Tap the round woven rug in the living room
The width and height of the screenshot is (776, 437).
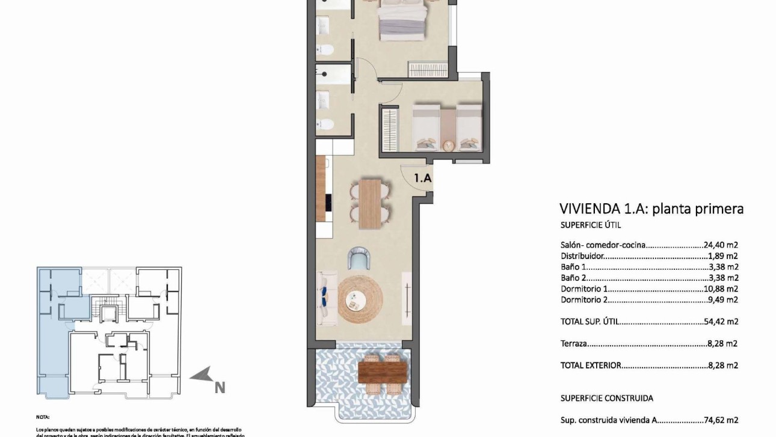point(360,299)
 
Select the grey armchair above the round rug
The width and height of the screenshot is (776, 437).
point(360,260)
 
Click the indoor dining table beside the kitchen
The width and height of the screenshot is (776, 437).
point(370,204)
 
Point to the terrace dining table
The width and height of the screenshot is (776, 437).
point(381,371)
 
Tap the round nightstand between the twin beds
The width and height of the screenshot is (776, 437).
point(448,145)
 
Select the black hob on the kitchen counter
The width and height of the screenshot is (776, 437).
point(328,203)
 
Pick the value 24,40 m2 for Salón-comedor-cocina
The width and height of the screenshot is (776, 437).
point(721,245)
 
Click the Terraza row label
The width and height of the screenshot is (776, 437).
point(573,344)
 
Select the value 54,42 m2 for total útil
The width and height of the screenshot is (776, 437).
point(721,322)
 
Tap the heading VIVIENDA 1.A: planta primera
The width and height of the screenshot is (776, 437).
point(651,209)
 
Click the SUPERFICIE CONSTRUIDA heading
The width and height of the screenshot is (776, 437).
point(606,398)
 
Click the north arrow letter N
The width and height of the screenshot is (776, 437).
point(220,388)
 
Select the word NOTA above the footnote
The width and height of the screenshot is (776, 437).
point(43,417)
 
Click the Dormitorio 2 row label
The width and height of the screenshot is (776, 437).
point(584,299)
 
